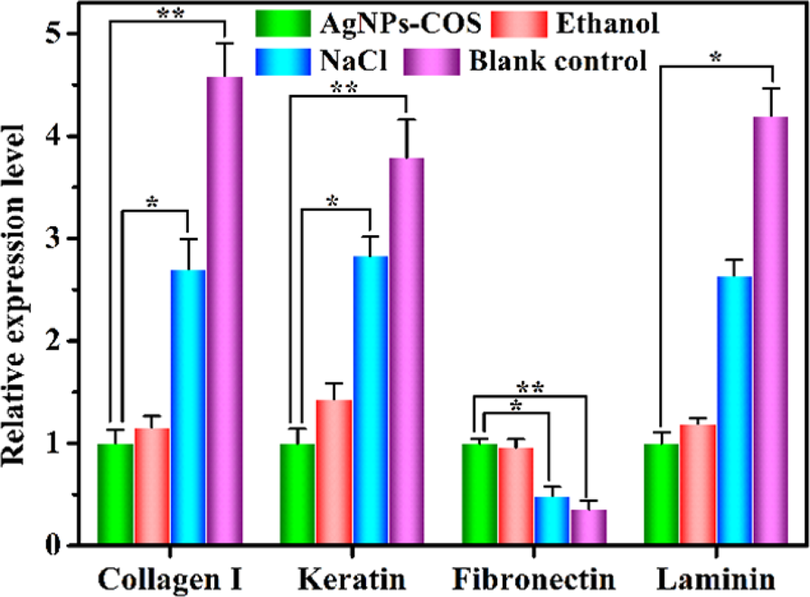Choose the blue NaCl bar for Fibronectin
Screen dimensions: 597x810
tap(551, 521)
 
